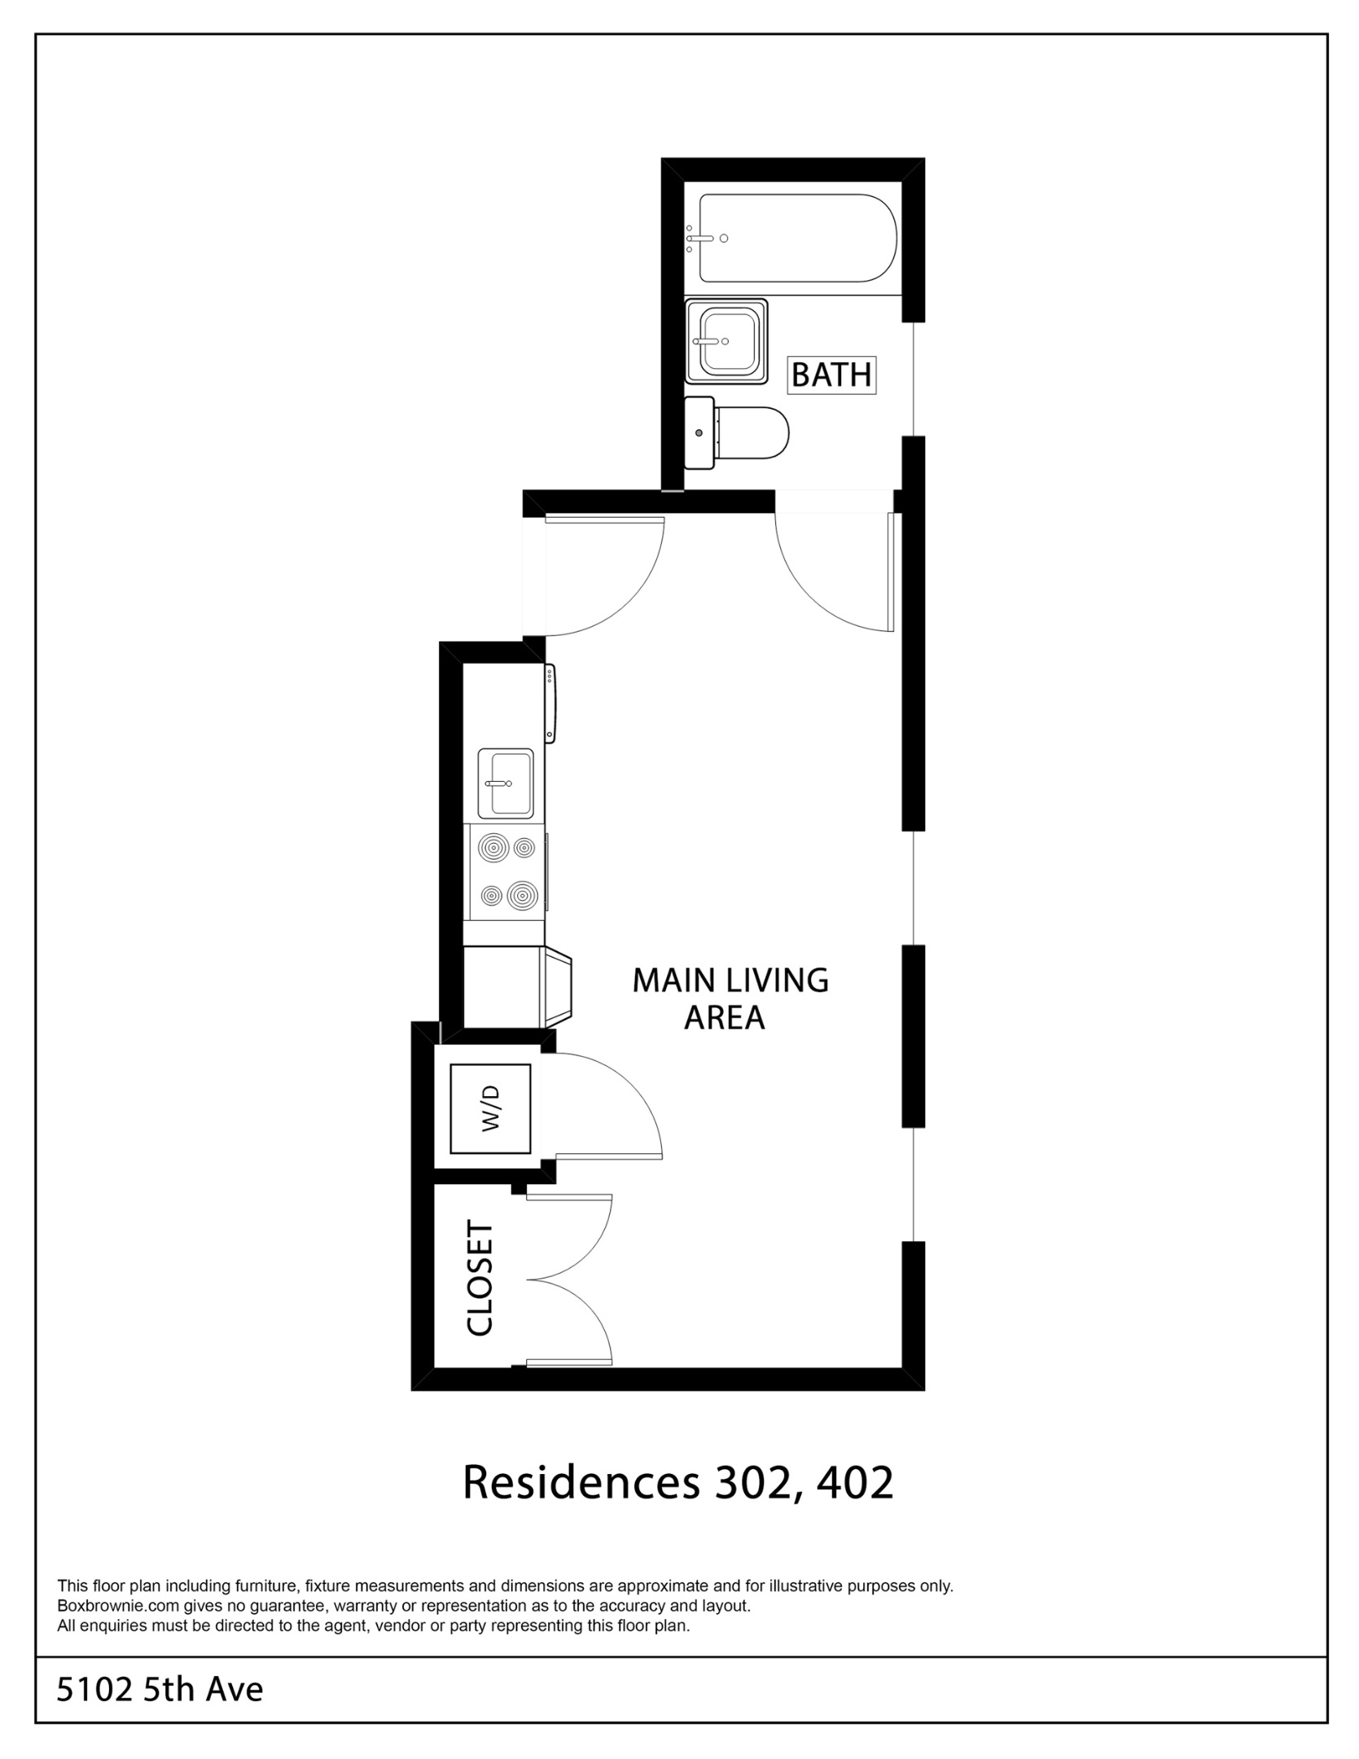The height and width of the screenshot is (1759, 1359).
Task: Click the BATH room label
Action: coord(831,375)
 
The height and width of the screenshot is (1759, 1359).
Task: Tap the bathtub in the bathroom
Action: coord(797,238)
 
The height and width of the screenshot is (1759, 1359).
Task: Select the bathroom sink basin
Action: coord(726,341)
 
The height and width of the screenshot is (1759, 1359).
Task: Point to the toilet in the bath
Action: coord(736,432)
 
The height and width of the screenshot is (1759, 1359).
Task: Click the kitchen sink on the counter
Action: coord(505,783)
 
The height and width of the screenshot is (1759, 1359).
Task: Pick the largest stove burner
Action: coord(522,895)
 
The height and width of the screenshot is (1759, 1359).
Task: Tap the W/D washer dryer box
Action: coord(490,1108)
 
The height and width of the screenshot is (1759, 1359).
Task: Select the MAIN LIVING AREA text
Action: coord(730,998)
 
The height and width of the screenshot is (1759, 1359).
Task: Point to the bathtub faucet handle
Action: coord(701,239)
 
